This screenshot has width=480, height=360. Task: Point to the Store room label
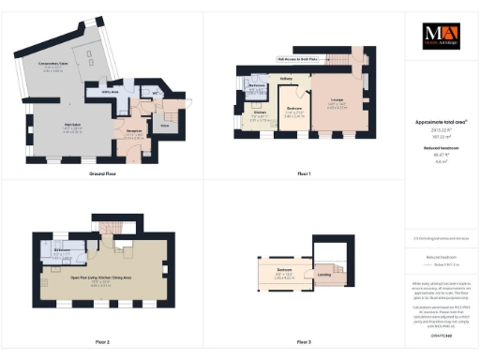166,123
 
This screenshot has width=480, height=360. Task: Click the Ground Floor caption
102,174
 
